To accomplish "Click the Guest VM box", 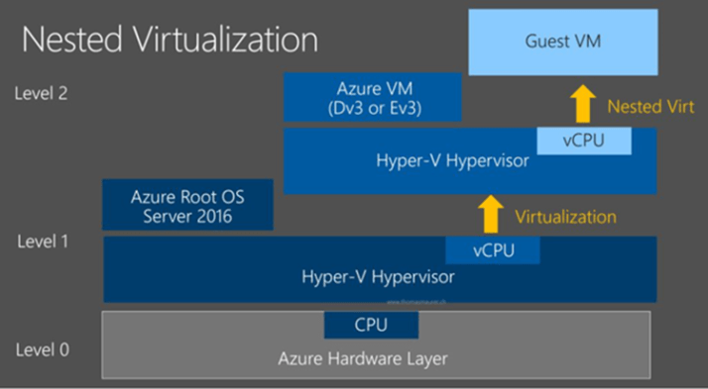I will pyautogui.click(x=562, y=42).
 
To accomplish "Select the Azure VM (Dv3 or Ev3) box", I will pyautogui.click(x=374, y=97).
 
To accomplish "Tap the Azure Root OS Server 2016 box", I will pyautogui.click(x=187, y=205).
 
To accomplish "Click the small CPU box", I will pyautogui.click(x=371, y=325).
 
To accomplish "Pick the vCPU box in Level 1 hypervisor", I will pyautogui.click(x=493, y=249).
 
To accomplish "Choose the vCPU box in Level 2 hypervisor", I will pyautogui.click(x=583, y=141).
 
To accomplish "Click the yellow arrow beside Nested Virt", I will pyautogui.click(x=583, y=103).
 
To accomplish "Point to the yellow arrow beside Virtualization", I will pyautogui.click(x=490, y=215).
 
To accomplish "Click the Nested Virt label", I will pyautogui.click(x=650, y=105).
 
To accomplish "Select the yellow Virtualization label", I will pyautogui.click(x=565, y=216).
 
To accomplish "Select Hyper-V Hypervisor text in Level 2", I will pyautogui.click(x=457, y=161).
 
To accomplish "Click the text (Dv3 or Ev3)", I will pyautogui.click(x=374, y=107).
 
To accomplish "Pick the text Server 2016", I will pyautogui.click(x=187, y=215).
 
